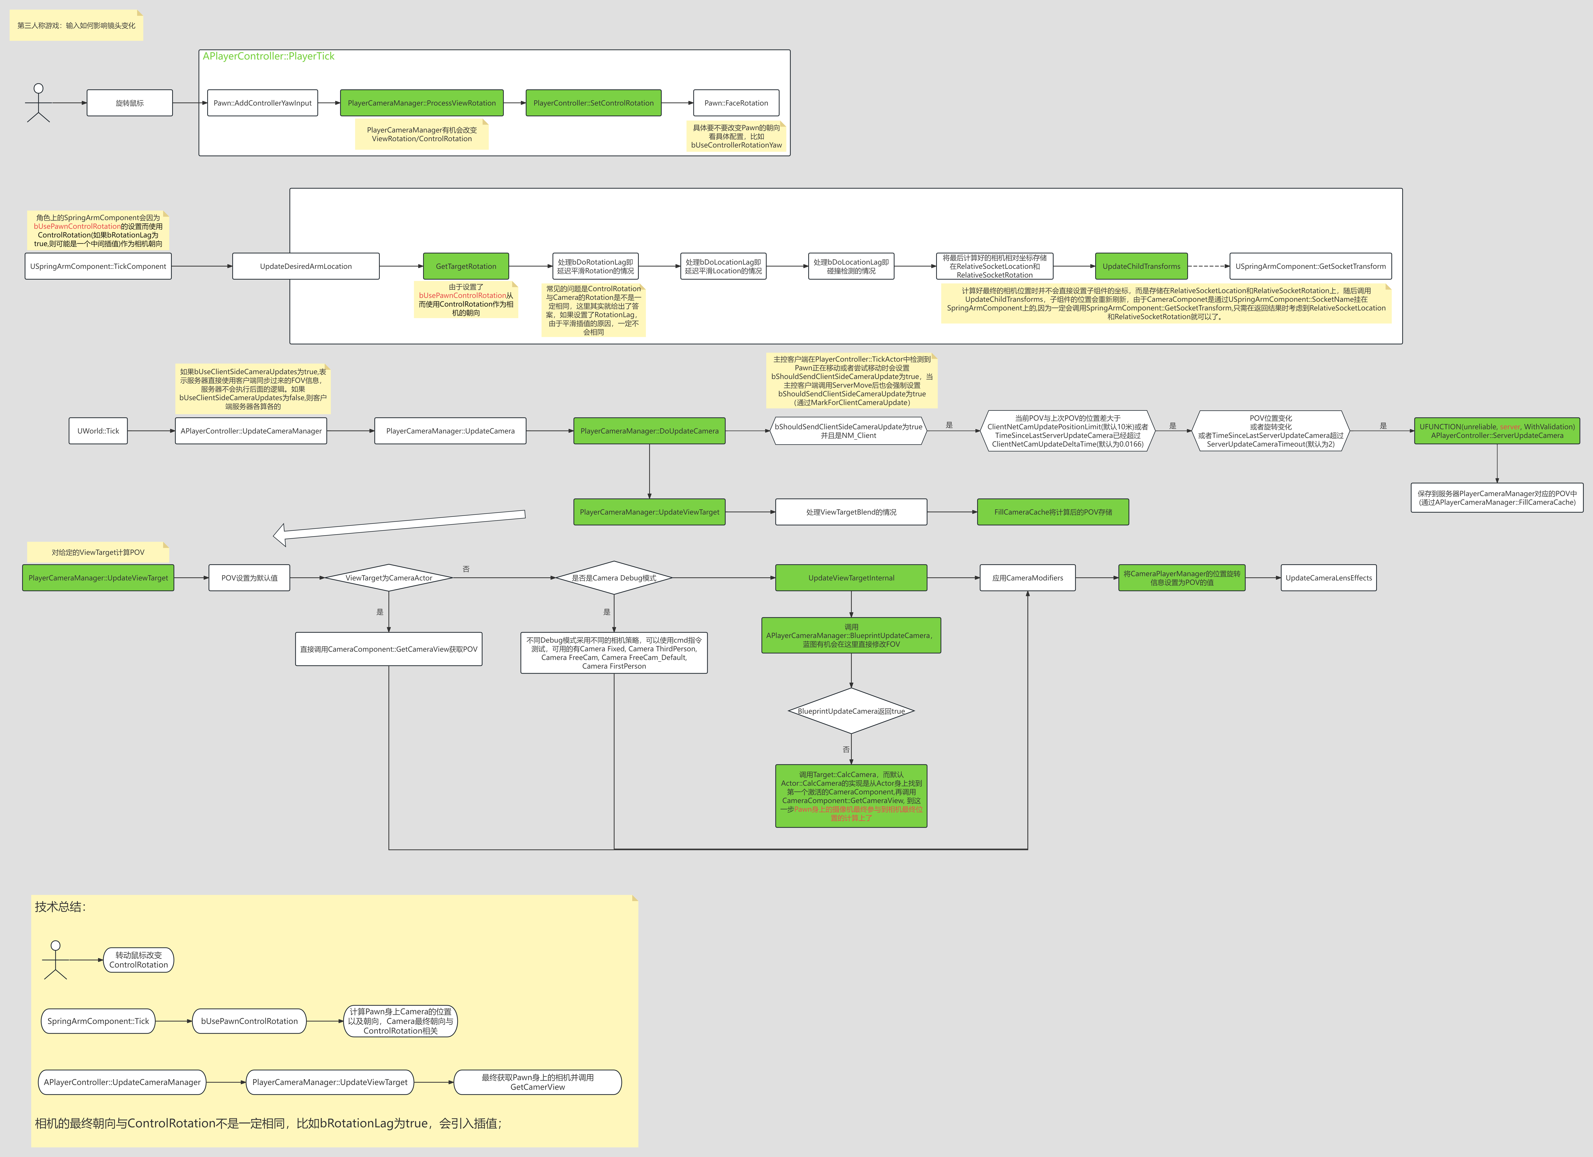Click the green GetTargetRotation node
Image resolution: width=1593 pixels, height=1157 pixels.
466,266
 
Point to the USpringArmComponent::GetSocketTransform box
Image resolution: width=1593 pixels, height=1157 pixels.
1310,266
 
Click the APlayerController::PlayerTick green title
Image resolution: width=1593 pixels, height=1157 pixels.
268,56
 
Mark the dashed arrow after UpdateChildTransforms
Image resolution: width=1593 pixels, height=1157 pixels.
1208,266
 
